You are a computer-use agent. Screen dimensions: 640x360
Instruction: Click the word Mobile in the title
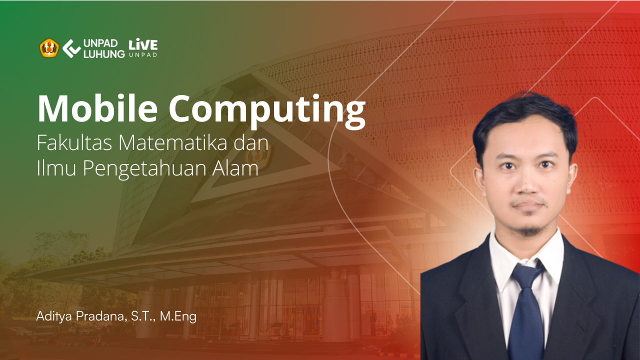click(97, 108)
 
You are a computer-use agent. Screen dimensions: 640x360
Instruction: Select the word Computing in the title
click(267, 111)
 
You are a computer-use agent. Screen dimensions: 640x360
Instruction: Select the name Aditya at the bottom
click(54, 316)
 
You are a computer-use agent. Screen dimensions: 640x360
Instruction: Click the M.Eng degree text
click(178, 316)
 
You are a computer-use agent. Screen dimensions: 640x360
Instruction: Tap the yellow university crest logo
click(49, 48)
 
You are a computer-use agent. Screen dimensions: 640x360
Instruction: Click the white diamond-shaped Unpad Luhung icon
click(71, 48)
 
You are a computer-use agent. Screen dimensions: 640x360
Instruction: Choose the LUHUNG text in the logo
click(104, 54)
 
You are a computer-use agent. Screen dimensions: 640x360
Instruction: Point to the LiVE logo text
click(143, 44)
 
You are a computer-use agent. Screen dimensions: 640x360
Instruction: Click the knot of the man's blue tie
click(526, 273)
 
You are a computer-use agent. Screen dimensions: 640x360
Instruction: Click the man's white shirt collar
click(525, 257)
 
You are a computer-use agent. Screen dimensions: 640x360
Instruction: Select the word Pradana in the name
click(99, 316)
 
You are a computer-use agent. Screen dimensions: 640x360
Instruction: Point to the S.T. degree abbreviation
click(143, 316)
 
